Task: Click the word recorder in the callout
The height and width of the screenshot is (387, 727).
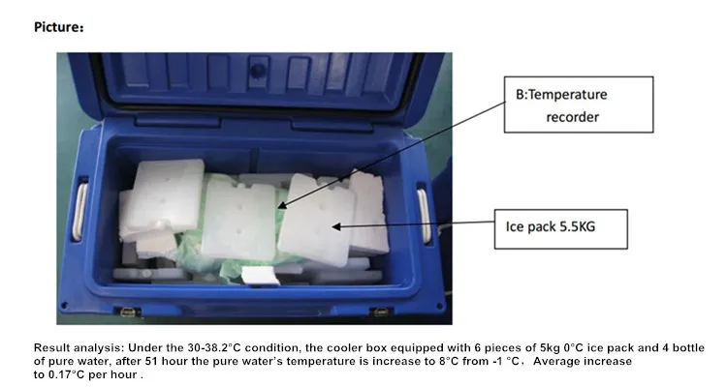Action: coord(573,117)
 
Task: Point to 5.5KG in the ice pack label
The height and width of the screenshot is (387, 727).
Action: coord(595,229)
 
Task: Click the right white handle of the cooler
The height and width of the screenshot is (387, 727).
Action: coord(424,214)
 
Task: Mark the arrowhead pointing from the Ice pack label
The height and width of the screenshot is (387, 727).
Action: coord(334,226)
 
